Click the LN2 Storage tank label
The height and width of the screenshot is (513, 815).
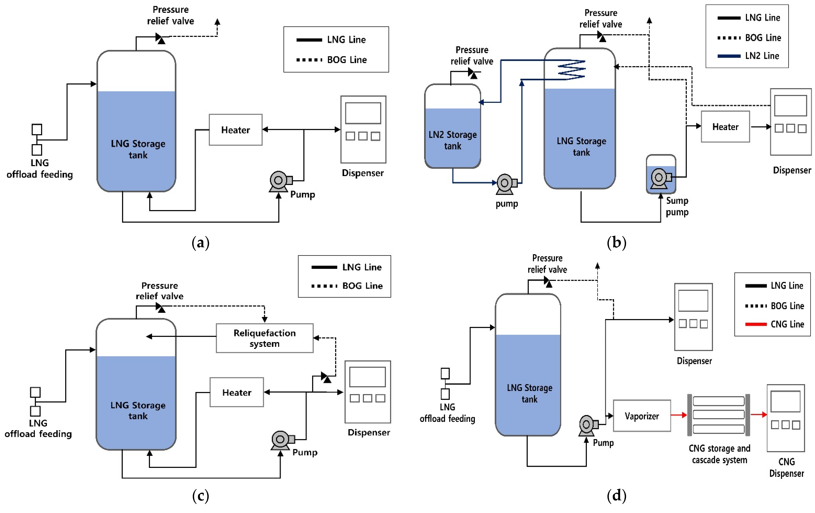452,140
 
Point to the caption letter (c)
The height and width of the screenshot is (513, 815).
200,496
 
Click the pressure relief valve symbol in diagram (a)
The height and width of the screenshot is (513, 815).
160,38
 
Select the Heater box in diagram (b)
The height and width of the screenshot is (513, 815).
725,127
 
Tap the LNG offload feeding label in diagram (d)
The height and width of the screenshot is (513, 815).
447,413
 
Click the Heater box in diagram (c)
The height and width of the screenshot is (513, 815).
237,392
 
